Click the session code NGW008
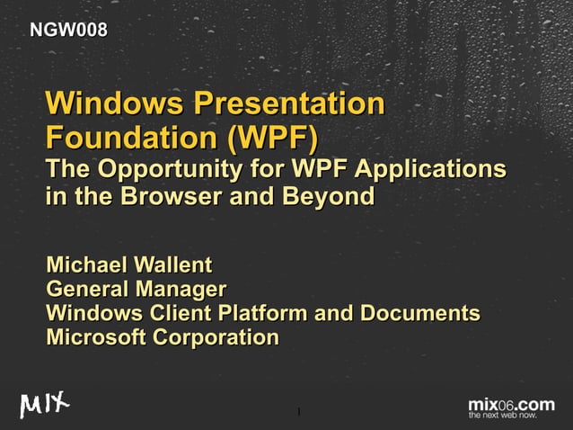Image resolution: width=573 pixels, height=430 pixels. tap(69, 31)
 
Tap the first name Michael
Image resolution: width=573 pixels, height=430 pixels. tap(86, 265)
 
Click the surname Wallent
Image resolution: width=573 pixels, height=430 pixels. tap(172, 265)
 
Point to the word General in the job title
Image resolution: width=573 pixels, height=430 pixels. tap(85, 290)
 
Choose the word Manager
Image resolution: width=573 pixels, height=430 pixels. tap(180, 290)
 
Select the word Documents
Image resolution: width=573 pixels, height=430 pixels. tap(420, 314)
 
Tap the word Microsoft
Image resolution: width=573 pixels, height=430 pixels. tap(95, 338)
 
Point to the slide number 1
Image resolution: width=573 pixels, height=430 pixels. tap(297, 414)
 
